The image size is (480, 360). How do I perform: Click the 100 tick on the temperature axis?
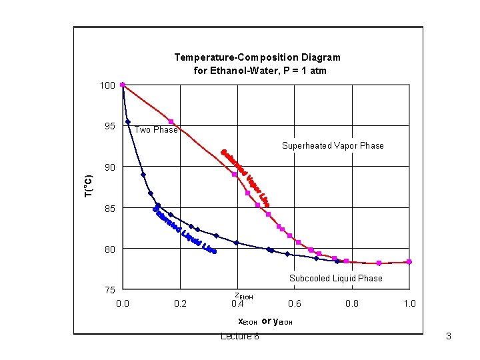[x=107, y=85]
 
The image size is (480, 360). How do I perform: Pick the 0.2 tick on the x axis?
[x=180, y=304]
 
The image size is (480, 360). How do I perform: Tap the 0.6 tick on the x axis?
[x=295, y=304]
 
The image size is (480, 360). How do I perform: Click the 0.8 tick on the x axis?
[x=352, y=304]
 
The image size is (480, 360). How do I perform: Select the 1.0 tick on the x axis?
[x=409, y=304]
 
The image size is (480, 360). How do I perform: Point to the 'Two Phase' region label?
[x=156, y=130]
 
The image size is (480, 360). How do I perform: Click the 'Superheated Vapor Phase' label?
[x=333, y=145]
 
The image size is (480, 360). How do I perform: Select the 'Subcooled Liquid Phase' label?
[x=335, y=278]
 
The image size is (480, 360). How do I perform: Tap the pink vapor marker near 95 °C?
[x=171, y=121]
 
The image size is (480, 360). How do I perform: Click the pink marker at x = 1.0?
[x=409, y=262]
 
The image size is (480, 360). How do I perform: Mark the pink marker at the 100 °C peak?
[x=123, y=85]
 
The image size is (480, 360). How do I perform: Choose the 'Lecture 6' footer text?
[x=240, y=336]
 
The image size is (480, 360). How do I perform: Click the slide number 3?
[x=449, y=336]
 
